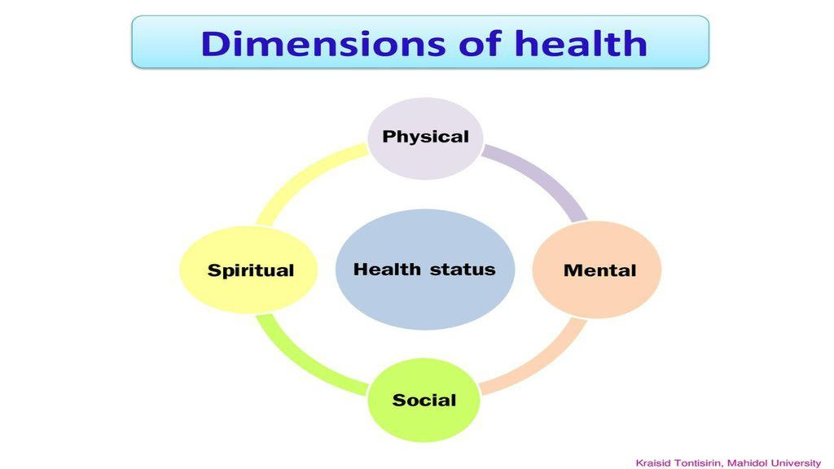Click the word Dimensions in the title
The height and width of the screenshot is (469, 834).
323,43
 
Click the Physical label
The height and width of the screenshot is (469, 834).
425,137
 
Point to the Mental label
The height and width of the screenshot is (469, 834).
599,270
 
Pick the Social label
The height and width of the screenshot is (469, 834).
424,400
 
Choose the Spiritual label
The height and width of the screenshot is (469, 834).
251,270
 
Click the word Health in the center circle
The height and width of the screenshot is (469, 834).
387,269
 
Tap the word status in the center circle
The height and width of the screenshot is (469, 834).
463,270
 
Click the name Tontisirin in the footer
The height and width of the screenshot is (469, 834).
698,463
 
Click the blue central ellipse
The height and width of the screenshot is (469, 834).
425,269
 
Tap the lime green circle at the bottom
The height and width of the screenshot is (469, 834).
424,400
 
